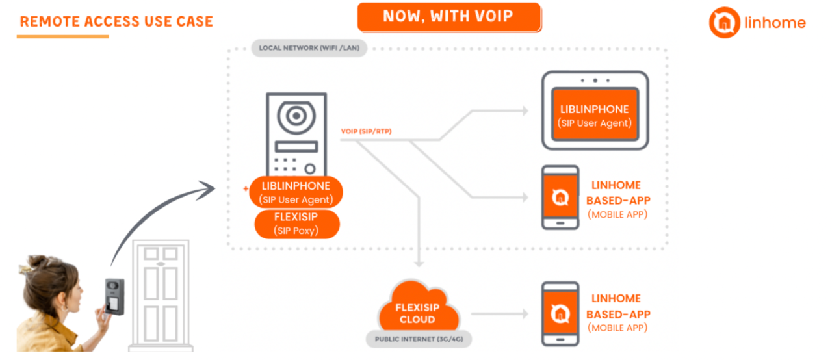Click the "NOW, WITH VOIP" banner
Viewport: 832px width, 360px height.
click(x=448, y=16)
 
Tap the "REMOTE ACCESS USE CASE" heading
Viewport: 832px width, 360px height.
click(x=116, y=21)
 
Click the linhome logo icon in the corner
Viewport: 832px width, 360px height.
click(x=724, y=23)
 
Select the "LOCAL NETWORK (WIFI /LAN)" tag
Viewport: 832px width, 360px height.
click(x=309, y=48)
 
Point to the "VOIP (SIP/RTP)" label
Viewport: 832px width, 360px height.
click(x=366, y=131)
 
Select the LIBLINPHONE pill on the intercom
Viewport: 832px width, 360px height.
click(x=296, y=192)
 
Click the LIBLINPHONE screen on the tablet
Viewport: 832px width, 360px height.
click(x=595, y=116)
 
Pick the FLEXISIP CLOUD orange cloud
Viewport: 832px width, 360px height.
click(x=417, y=309)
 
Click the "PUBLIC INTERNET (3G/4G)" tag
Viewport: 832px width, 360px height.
click(x=417, y=339)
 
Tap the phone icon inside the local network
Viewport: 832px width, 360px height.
click(x=560, y=197)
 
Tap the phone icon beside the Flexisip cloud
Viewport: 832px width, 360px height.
click(x=560, y=314)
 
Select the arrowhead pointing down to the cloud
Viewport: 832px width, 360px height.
click(x=419, y=262)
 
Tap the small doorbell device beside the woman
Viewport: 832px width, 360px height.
click(x=114, y=296)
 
